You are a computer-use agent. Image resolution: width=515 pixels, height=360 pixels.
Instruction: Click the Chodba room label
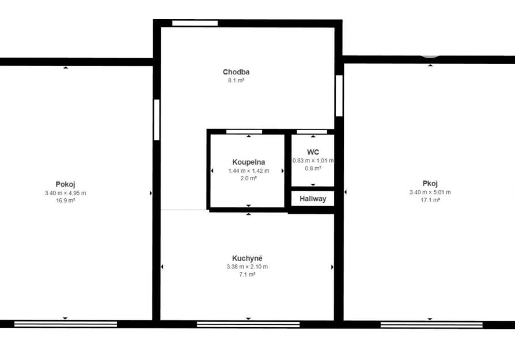[236, 72]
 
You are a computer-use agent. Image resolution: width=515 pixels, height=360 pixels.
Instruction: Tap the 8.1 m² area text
[236, 81]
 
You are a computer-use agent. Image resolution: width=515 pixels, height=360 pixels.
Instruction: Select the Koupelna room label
[249, 162]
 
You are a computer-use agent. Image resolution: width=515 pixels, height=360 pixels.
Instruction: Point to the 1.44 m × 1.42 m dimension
[249, 171]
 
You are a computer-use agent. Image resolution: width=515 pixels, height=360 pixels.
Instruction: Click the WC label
[313, 152]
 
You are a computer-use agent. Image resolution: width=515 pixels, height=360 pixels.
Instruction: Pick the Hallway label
[313, 199]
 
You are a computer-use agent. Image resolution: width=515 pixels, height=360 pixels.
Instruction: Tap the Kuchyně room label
[247, 258]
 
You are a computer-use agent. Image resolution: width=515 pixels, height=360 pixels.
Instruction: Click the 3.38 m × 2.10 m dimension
[247, 267]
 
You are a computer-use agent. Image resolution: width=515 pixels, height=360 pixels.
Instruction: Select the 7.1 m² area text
[247, 275]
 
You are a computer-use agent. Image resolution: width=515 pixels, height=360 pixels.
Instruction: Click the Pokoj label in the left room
[65, 184]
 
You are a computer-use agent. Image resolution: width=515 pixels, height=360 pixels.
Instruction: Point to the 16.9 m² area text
[65, 200]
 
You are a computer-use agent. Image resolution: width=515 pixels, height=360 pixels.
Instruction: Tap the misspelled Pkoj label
[430, 184]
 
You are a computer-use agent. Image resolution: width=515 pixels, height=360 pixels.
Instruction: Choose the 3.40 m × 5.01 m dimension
[430, 192]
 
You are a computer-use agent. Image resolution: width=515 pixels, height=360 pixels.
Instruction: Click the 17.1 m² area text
[430, 200]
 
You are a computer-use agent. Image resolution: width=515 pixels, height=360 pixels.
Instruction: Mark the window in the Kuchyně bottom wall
[248, 324]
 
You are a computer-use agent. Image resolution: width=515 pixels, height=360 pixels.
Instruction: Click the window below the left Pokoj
[66, 324]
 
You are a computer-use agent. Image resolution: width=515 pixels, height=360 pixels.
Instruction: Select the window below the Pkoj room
[431, 325]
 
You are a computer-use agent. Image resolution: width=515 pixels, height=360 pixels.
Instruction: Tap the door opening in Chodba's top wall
[195, 23]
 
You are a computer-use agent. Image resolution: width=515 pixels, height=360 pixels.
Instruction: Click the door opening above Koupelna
[244, 132]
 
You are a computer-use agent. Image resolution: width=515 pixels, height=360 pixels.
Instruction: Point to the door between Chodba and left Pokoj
[157, 120]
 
